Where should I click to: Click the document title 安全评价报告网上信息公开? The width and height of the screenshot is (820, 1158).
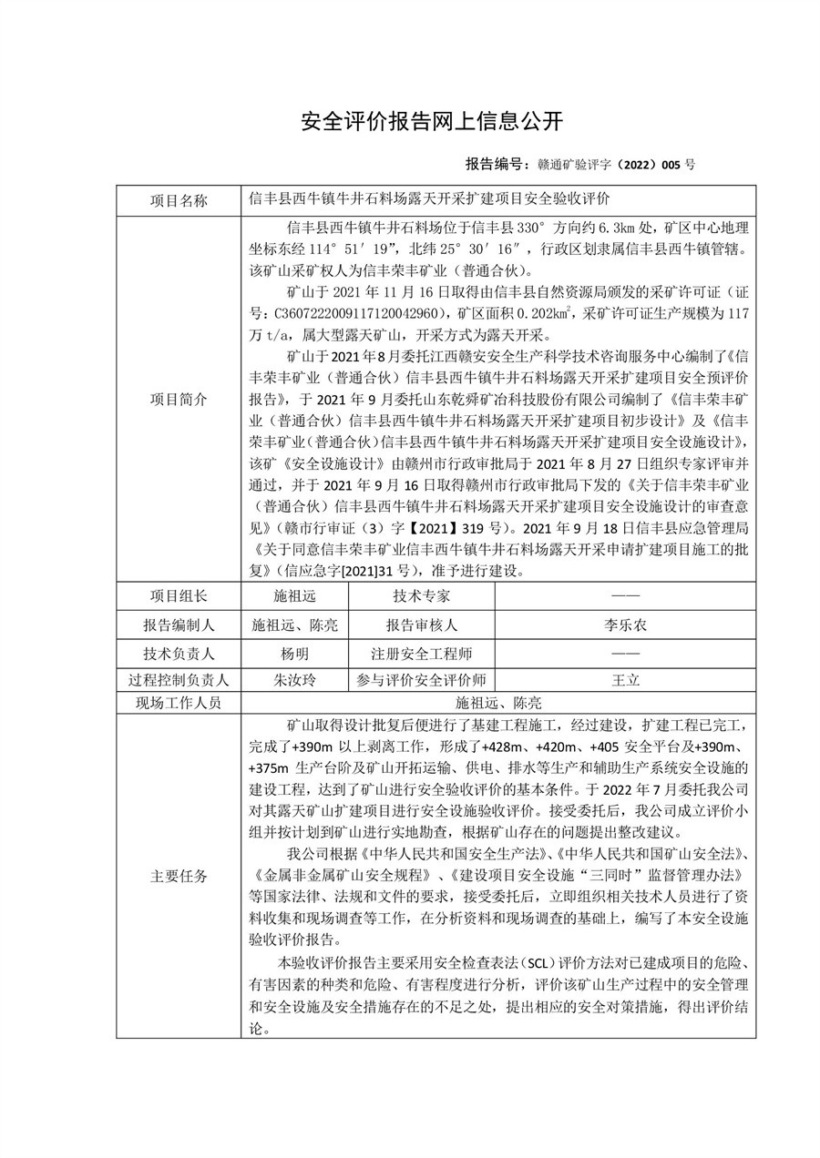point(432,121)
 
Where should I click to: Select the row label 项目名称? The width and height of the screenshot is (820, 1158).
point(178,200)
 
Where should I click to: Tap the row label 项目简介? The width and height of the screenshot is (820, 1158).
point(178,399)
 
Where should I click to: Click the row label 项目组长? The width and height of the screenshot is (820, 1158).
point(178,596)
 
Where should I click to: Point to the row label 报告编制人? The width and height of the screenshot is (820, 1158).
point(178,625)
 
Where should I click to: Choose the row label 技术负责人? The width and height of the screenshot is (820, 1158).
point(178,654)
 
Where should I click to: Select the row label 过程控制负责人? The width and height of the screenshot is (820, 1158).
point(178,681)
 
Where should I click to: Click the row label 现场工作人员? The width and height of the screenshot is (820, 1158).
point(178,703)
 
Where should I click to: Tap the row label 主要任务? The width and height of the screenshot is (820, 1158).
point(178,877)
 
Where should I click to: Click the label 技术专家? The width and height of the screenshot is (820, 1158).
point(421,596)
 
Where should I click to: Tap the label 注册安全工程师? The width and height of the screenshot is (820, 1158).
point(421,654)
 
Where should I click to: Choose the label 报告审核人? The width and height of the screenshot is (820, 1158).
point(421,625)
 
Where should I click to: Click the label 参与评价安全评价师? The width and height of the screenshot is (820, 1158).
point(421,681)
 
